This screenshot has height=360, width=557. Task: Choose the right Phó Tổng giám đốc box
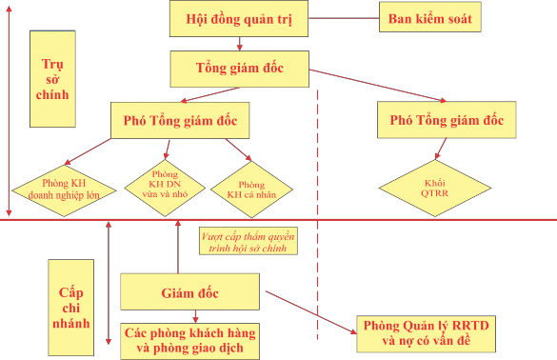click(x=447, y=121)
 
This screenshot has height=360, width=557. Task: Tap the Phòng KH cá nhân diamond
click(x=251, y=188)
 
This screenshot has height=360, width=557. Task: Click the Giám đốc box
click(x=189, y=290)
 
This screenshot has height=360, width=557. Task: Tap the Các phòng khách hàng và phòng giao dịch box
click(x=189, y=341)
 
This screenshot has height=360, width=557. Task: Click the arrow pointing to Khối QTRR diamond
click(x=441, y=148)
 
